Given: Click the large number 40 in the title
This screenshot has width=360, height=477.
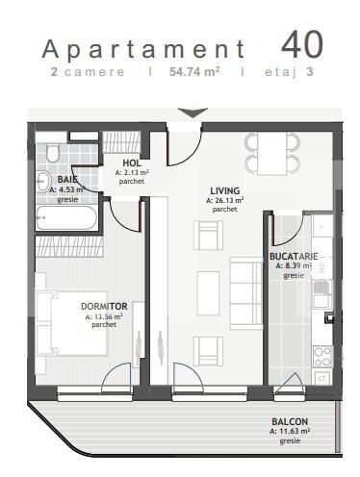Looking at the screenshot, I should pyautogui.click(x=301, y=46).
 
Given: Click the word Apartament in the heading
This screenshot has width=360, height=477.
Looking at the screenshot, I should pyautogui.click(x=143, y=49).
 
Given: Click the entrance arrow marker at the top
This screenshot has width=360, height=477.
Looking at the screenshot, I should pyautogui.click(x=193, y=113).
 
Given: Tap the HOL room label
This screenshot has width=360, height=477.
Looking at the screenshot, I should pyautogui.click(x=132, y=164).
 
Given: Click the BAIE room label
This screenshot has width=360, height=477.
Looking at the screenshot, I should pyautogui.click(x=66, y=179).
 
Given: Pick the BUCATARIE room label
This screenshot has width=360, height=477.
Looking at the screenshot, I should pyautogui.click(x=294, y=257).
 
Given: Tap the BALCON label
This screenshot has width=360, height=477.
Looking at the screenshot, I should pyautogui.click(x=289, y=422).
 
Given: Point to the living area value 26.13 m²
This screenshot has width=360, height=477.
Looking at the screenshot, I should pyautogui.click(x=224, y=200).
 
